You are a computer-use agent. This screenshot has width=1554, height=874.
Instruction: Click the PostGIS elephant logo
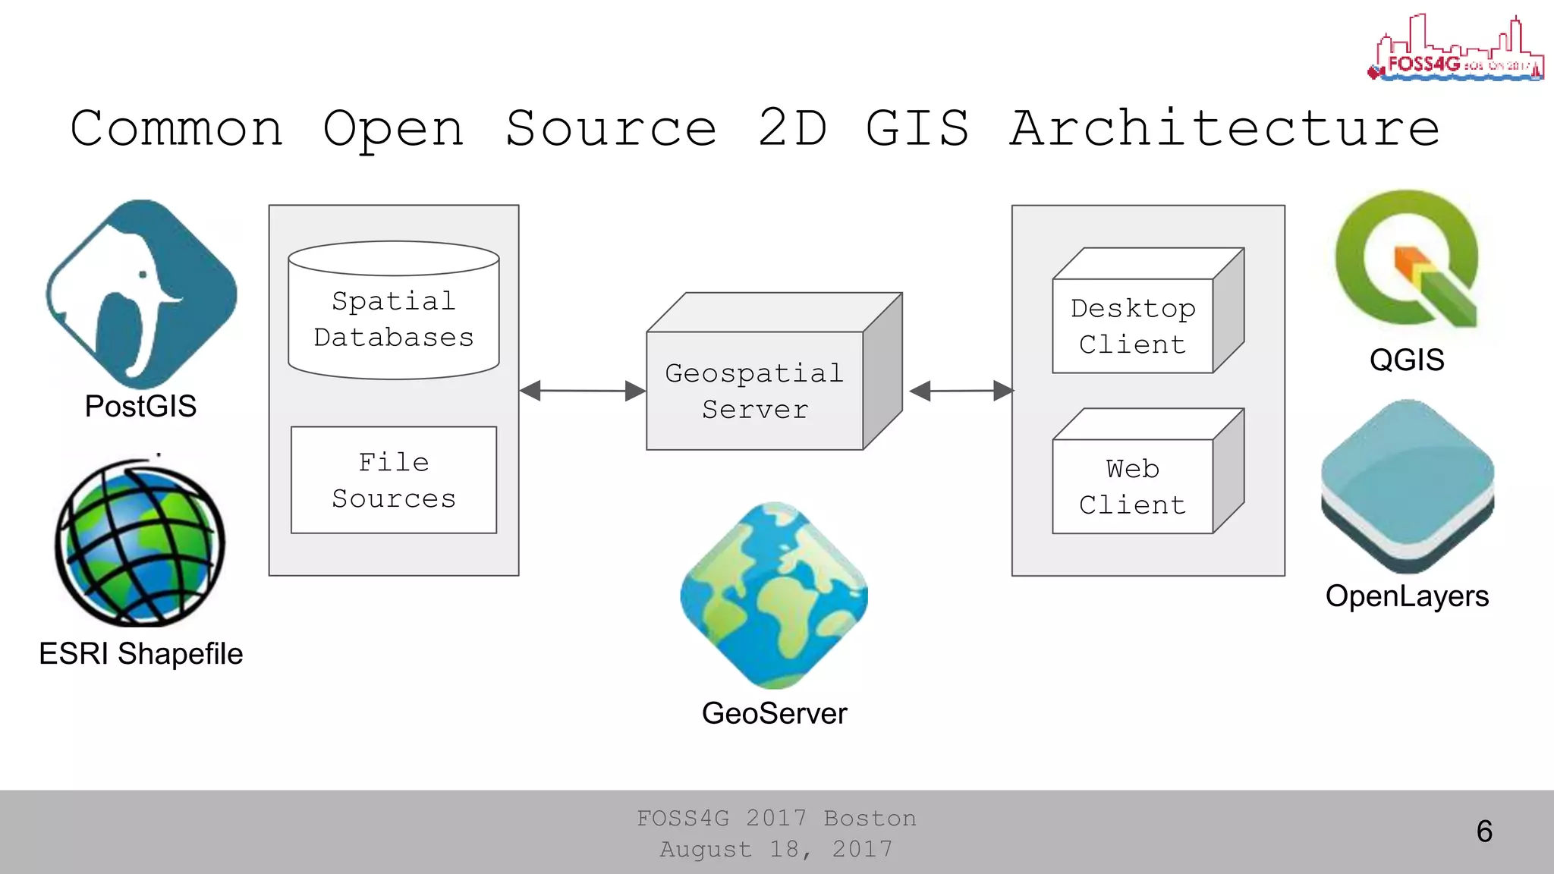[x=141, y=294]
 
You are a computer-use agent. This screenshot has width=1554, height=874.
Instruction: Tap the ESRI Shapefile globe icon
[x=140, y=542]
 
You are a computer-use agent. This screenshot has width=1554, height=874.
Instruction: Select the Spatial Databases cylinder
[x=393, y=311]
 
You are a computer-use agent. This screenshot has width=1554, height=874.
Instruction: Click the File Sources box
[x=393, y=480]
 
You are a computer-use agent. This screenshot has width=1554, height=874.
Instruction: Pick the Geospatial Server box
[x=755, y=390]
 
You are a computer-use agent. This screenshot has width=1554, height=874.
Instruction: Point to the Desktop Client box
[x=1133, y=326]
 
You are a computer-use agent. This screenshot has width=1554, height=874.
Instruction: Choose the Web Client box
[x=1133, y=486]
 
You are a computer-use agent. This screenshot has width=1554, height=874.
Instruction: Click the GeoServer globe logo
[x=774, y=596]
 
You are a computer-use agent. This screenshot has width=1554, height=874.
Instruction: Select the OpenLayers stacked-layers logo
[x=1407, y=486]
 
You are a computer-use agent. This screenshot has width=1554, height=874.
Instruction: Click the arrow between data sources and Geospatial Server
[x=583, y=391]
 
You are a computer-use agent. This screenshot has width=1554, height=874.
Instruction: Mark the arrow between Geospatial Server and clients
[x=961, y=391]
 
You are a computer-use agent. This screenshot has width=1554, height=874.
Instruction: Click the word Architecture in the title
[x=1225, y=128]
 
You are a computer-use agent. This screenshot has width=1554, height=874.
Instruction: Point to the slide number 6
[x=1484, y=832]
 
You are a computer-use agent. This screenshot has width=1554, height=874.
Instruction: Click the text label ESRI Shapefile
[x=140, y=654]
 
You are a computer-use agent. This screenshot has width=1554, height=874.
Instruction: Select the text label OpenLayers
[x=1407, y=596]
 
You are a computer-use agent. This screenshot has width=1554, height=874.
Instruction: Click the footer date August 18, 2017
[x=775, y=849]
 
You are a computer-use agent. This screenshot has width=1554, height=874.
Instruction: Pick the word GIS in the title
[x=917, y=128]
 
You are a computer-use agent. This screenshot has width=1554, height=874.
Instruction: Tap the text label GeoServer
[x=774, y=714]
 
